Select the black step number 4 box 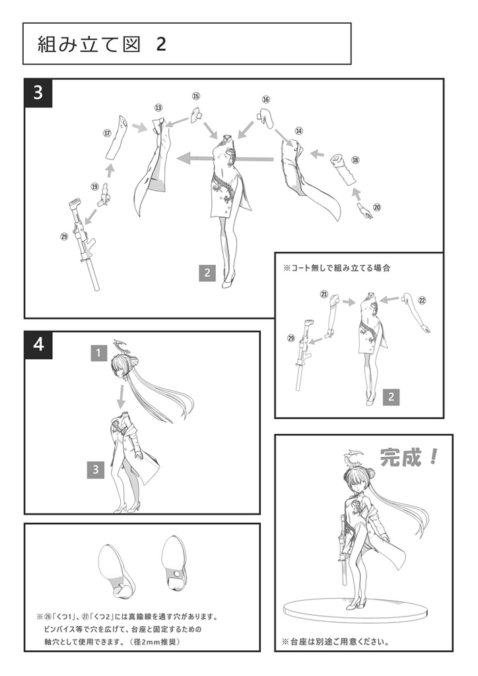coord(38,345)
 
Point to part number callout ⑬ coord(158,107)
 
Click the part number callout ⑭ coord(299,131)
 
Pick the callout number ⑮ coord(196,96)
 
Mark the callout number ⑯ coord(266,100)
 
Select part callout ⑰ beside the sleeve coord(107,132)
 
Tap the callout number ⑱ coord(355,160)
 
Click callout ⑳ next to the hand coord(377,207)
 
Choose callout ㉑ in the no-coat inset coord(324,294)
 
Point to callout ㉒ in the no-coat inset coord(422,300)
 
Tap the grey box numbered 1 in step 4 coord(98,353)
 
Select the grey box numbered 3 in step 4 coord(96,469)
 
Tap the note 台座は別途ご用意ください coord(335,642)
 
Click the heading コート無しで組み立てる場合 coord(337,269)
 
